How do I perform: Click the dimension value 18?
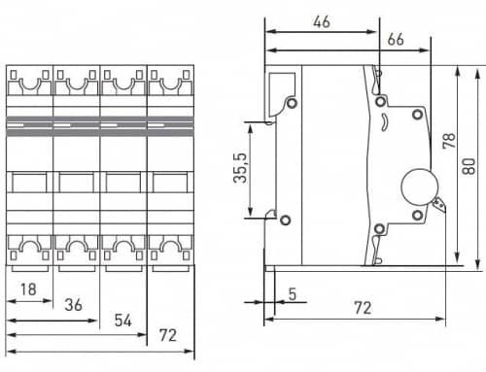point(28,289)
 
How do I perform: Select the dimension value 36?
point(73,305)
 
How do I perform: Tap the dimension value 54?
point(123,321)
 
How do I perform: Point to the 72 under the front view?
point(168,335)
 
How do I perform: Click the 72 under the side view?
point(363,308)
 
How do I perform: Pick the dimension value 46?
point(322,21)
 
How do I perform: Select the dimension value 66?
point(396,39)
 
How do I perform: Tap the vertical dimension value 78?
point(449,141)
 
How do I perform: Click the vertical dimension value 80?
point(469,166)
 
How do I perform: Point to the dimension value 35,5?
point(240,168)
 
